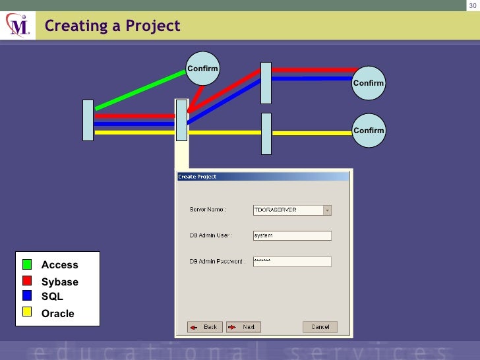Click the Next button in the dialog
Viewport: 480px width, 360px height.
(x=243, y=327)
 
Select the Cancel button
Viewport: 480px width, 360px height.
(x=320, y=327)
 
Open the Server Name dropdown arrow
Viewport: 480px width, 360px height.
(x=327, y=210)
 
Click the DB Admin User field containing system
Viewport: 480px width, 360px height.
(x=291, y=235)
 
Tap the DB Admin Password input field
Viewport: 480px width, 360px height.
(x=291, y=261)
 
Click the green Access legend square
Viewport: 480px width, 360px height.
(x=27, y=264)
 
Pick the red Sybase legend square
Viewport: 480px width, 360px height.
(x=27, y=281)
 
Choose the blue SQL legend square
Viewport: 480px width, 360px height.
(x=27, y=296)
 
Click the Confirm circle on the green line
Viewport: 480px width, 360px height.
(x=202, y=69)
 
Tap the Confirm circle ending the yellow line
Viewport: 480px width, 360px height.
(x=368, y=130)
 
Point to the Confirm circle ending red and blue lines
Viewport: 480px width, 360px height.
(x=368, y=82)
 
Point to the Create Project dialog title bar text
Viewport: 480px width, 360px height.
(x=197, y=177)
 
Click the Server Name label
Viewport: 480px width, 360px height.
(x=208, y=210)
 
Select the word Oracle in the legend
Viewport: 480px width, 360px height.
(x=58, y=313)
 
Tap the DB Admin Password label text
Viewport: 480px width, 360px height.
(x=218, y=262)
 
